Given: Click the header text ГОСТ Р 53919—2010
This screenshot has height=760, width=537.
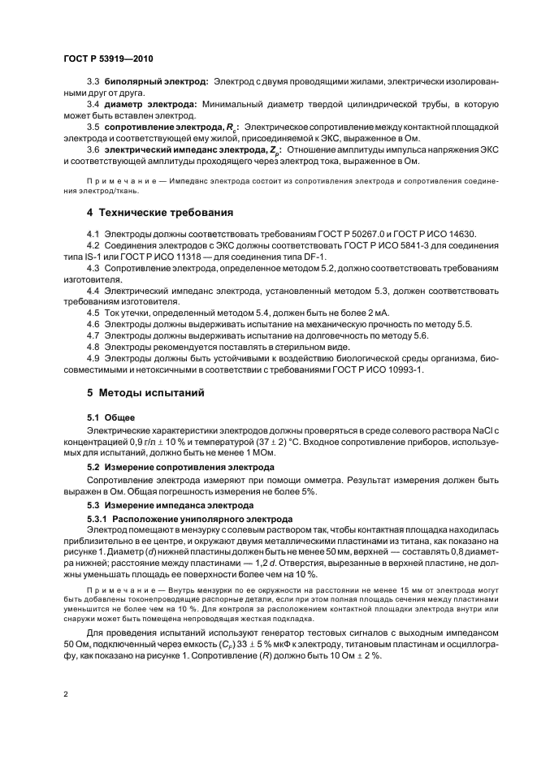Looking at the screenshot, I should tap(107, 60).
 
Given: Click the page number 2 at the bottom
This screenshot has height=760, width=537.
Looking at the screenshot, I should tap(65, 694).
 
